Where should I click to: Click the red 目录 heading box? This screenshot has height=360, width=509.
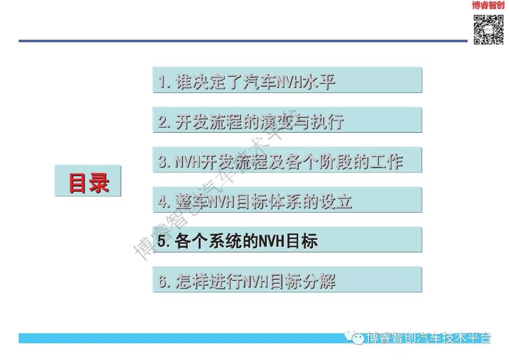pos(88,181)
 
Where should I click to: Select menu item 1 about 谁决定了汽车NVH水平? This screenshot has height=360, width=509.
pos(287,81)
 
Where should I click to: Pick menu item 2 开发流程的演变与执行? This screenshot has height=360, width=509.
pos(287,121)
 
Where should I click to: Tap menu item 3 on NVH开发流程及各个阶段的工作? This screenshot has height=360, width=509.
pos(287,161)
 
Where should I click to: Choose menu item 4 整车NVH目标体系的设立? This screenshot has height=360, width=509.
pos(287,200)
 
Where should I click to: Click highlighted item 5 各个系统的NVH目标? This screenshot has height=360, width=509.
pos(287,240)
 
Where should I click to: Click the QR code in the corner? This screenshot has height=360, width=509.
pos(488,29)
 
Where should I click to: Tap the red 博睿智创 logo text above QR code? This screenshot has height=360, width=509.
pos(488,6)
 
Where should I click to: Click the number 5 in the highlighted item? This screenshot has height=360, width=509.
pos(162,241)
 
